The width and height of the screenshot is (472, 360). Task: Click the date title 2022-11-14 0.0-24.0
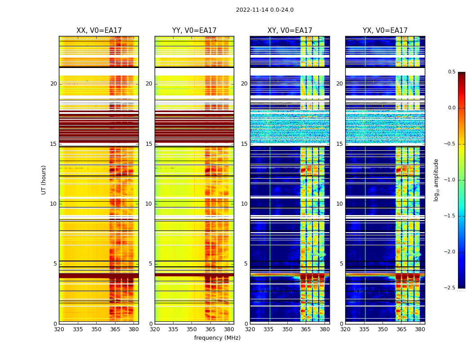tap(264, 10)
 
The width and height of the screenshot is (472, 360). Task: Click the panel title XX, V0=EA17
tap(99, 31)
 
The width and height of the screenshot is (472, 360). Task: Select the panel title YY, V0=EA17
tap(194, 31)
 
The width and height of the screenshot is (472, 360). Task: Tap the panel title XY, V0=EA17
tap(289, 31)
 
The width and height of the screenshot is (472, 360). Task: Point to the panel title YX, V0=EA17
tap(385, 31)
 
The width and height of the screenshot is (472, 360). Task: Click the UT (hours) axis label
tap(44, 180)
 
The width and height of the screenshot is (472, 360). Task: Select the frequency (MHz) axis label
tap(217, 338)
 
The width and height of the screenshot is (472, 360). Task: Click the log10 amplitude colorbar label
tap(436, 180)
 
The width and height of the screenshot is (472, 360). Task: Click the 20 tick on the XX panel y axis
tap(53, 84)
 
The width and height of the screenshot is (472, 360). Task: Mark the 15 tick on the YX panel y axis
tap(340, 144)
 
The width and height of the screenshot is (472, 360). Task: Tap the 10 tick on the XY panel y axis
tap(244, 204)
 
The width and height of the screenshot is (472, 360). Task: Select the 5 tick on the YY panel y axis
tap(150, 264)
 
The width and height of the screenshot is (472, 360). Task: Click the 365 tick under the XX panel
tap(115, 329)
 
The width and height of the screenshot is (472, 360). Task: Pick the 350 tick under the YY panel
tap(192, 329)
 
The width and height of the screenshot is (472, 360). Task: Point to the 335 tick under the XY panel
tap(269, 329)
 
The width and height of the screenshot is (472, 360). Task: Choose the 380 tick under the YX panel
tap(420, 329)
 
